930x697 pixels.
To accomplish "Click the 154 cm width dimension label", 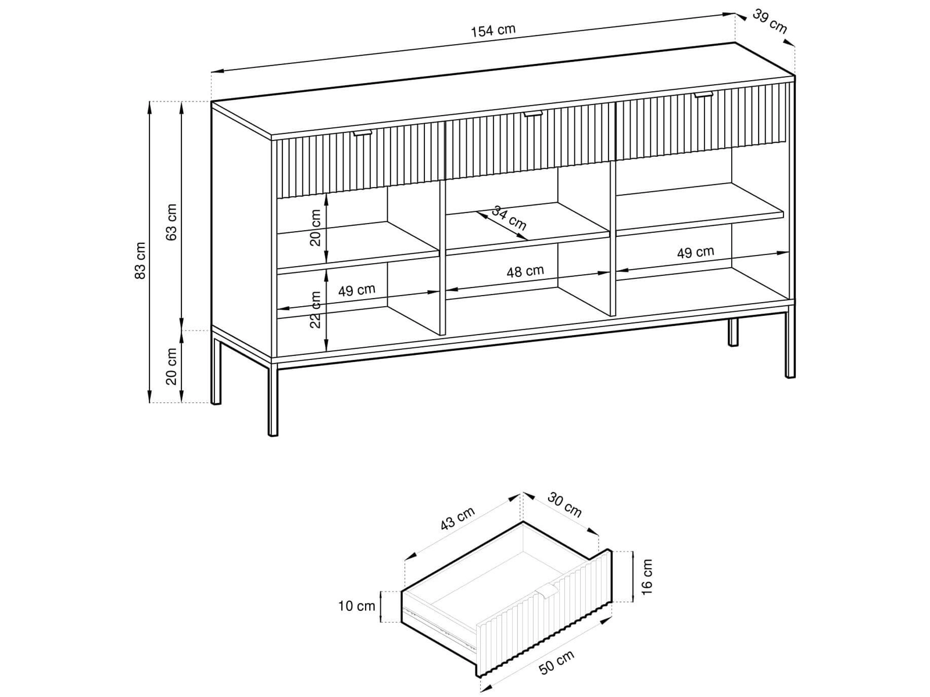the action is pos(493,30).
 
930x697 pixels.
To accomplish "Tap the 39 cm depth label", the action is pos(770,21).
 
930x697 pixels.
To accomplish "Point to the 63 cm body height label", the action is pos(171,222).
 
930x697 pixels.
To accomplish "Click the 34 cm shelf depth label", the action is pos(509,218).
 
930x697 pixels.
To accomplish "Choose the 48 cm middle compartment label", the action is pos(525,271).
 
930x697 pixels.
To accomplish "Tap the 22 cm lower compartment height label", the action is pos(316,310).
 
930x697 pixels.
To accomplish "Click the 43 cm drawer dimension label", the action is pos(457,519).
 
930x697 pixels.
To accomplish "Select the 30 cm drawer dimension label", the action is pos(564,505).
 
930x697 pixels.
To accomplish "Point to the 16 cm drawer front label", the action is pos(646,576).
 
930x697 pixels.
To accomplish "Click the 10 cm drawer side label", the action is pos(357,606).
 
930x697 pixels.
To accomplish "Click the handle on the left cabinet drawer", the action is pos(362,134).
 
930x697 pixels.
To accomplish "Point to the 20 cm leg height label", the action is pos(171,366).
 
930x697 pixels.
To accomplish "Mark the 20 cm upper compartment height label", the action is pos(316,228).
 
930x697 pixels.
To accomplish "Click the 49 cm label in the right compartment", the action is pos(695,253).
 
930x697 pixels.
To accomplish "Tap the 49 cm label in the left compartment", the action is pos(357,290).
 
